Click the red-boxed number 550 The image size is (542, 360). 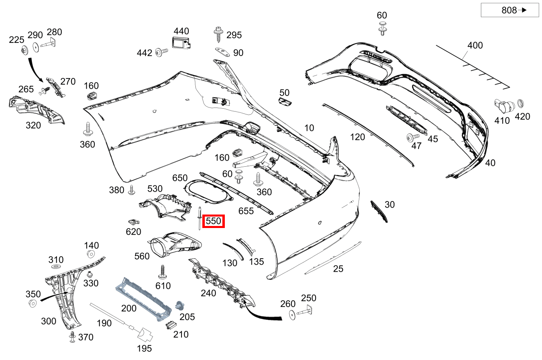(214, 221)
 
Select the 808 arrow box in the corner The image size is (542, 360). (509, 10)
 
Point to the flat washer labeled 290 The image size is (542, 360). (36, 47)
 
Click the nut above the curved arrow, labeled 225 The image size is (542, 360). (24, 51)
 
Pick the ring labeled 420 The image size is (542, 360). (521, 103)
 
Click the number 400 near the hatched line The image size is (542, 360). (475, 45)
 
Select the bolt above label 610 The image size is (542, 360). (163, 271)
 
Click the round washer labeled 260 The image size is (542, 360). (293, 315)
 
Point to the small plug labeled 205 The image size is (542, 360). (179, 305)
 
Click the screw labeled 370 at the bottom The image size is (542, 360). (72, 336)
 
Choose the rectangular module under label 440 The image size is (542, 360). (180, 43)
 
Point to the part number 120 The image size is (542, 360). (358, 137)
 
